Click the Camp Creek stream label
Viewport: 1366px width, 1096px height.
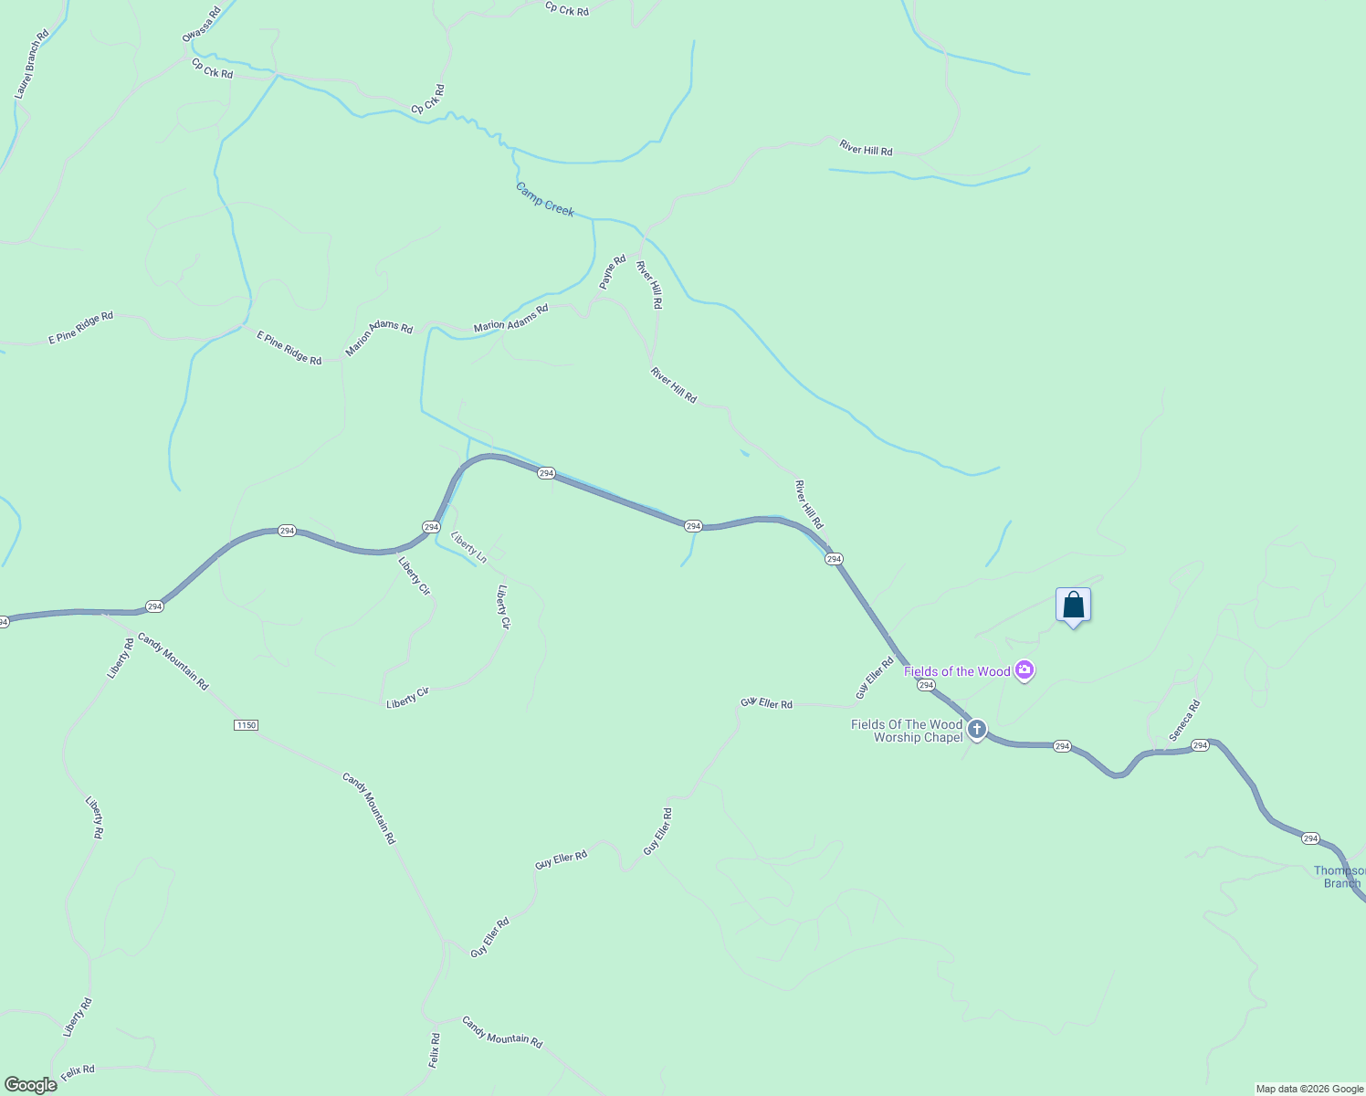pyautogui.click(x=544, y=199)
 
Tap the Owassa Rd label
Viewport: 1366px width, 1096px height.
pyautogui.click(x=201, y=25)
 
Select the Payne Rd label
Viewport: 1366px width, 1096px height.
pyautogui.click(x=613, y=272)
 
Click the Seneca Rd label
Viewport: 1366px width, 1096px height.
pyautogui.click(x=1184, y=721)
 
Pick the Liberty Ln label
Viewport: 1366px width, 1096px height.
pyautogui.click(x=469, y=548)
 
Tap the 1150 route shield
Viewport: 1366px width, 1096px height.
pyautogui.click(x=246, y=725)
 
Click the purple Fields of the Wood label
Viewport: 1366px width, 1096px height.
pyautogui.click(x=957, y=671)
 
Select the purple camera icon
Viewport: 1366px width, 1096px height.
pyautogui.click(x=1024, y=671)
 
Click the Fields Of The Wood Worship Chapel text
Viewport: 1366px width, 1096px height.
pyautogui.click(x=907, y=731)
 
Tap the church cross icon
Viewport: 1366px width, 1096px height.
pyautogui.click(x=977, y=729)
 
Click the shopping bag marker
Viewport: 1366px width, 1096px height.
pyautogui.click(x=1073, y=606)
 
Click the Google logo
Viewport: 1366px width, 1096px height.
pyautogui.click(x=30, y=1085)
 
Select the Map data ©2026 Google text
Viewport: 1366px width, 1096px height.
pyautogui.click(x=1309, y=1089)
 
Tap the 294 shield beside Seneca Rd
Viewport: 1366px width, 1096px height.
pyautogui.click(x=1200, y=745)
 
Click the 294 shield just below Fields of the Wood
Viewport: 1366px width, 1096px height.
pyautogui.click(x=926, y=685)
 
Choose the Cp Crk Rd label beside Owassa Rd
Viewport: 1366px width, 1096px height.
pyautogui.click(x=212, y=68)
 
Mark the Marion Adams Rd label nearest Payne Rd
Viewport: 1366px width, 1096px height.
pyautogui.click(x=510, y=318)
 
